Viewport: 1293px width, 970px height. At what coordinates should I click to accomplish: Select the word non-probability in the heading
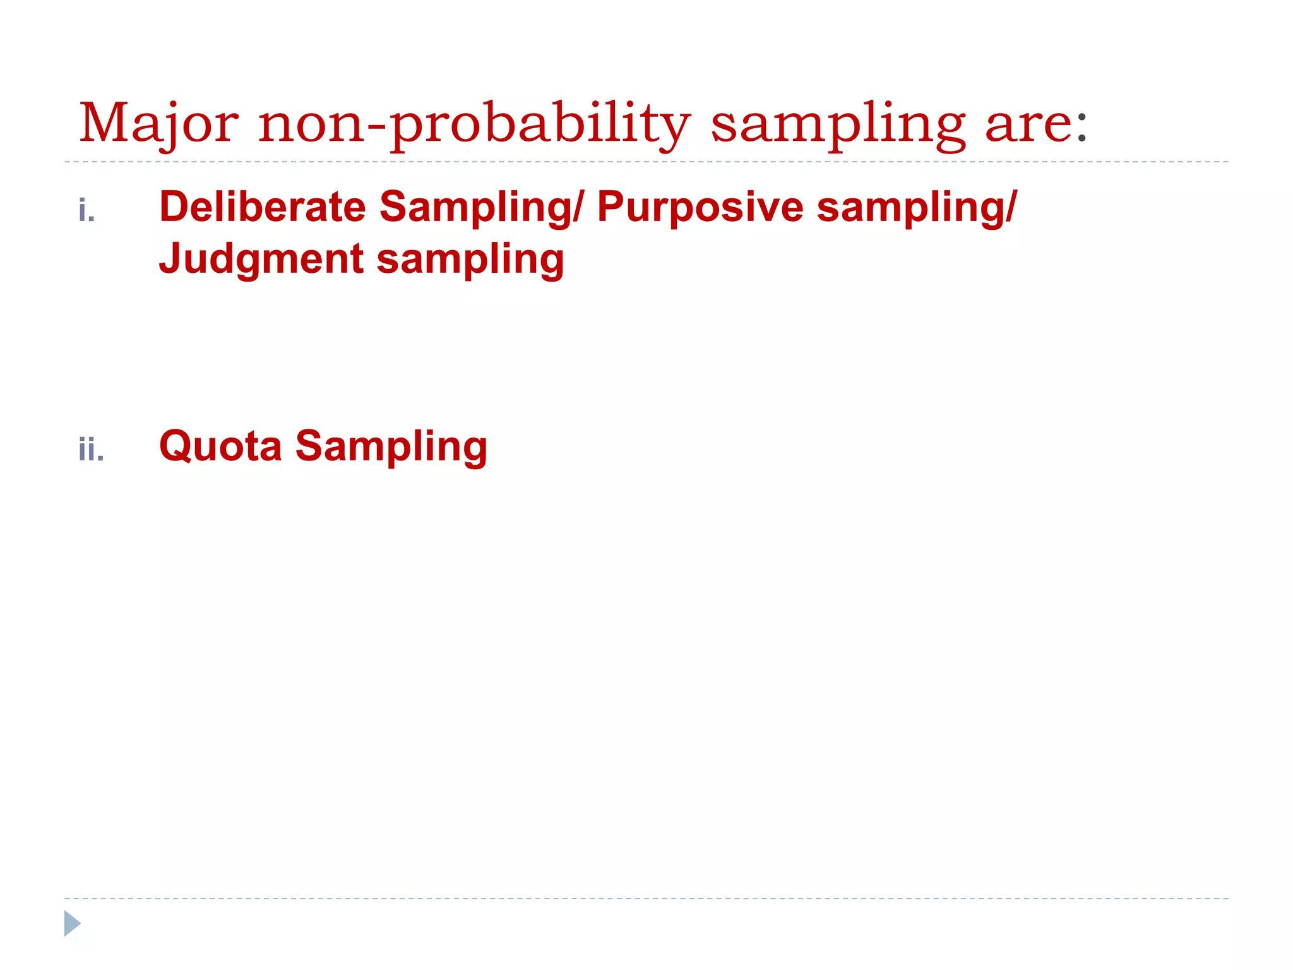click(475, 124)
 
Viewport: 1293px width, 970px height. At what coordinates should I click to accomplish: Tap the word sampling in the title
click(838, 124)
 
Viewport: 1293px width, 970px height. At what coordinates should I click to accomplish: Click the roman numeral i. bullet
click(86, 210)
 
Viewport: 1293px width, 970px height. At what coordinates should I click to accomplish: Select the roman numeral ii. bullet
click(91, 450)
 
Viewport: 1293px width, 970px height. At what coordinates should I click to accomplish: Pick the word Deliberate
click(262, 207)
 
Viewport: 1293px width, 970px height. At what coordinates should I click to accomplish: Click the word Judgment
click(261, 259)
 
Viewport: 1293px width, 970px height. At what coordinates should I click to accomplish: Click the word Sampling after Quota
click(391, 446)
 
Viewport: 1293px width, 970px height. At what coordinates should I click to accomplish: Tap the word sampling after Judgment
click(470, 259)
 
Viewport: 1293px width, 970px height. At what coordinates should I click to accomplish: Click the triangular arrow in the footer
click(71, 923)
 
